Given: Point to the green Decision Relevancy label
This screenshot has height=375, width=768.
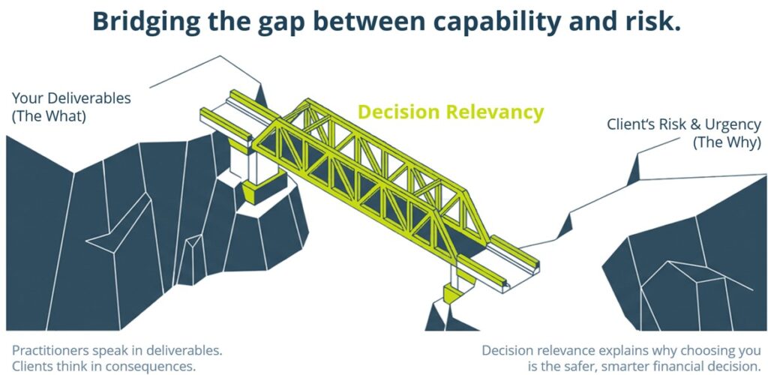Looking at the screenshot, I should point(450,112).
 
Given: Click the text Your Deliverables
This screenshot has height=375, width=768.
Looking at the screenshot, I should point(71,98).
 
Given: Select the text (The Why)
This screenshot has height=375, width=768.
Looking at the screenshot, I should point(727,142).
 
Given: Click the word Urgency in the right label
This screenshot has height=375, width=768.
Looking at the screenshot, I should point(727,124).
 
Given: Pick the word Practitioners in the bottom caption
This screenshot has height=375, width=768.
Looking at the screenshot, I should point(55,350).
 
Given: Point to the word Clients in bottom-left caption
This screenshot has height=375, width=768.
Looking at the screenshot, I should point(32,367).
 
